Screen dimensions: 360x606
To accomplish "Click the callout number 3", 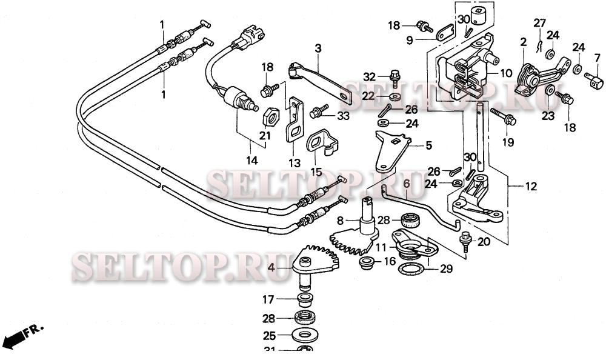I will point(317,48).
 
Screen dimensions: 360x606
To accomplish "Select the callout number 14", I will point(251,161).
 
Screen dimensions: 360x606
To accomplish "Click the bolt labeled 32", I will point(395,76).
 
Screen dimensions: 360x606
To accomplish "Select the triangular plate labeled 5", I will point(391,154).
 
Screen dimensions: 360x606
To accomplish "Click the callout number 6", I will point(407,182).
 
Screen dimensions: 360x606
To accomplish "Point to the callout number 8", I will point(340,221).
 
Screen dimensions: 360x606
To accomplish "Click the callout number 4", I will point(271,267).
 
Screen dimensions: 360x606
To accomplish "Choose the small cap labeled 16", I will point(367,262).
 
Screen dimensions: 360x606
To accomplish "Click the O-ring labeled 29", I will point(413,268).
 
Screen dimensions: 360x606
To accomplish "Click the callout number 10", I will point(507,73).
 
